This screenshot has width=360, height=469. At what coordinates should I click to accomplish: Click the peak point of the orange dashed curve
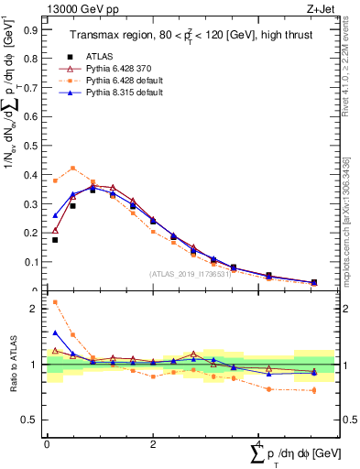point(73,168)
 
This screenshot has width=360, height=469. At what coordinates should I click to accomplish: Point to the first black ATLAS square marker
point(55,240)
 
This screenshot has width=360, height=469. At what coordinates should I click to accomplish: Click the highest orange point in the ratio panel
point(55,301)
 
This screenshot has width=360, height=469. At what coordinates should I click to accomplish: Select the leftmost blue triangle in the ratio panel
point(55,333)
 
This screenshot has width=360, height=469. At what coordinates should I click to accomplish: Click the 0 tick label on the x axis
point(47,444)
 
